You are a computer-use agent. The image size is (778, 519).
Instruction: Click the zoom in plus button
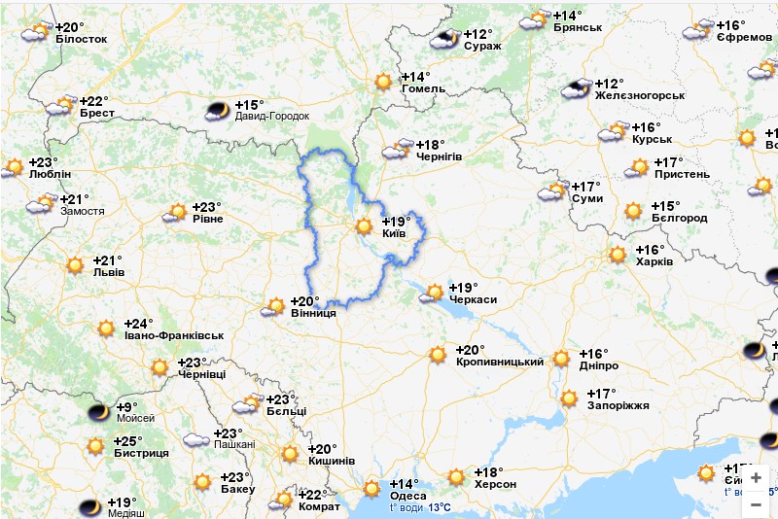tap(756, 477)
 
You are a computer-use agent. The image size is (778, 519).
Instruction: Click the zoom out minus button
tap(756, 504)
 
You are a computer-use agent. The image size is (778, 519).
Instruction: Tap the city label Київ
tap(394, 234)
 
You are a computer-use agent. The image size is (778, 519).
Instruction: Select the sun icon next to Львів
tap(76, 264)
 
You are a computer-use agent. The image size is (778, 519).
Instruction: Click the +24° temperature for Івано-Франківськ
tap(138, 324)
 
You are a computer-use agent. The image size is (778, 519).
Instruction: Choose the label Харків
tap(654, 261)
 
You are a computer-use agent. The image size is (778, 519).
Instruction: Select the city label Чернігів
tap(439, 156)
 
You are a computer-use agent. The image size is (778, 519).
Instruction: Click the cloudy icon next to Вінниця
tap(273, 307)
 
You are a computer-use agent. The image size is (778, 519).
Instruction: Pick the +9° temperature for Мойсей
tap(126, 406)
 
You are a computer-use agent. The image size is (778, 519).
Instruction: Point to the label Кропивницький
tap(499, 362)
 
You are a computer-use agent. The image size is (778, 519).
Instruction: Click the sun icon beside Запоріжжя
tap(570, 398)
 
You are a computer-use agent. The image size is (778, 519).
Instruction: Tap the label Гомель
tap(423, 88)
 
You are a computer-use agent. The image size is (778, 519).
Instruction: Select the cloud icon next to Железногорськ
tap(578, 88)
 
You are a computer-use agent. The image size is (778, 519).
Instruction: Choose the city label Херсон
tap(495, 484)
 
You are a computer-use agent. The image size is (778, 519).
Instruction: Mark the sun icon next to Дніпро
tap(561, 359)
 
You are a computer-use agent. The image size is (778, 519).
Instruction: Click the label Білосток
tap(81, 39)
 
